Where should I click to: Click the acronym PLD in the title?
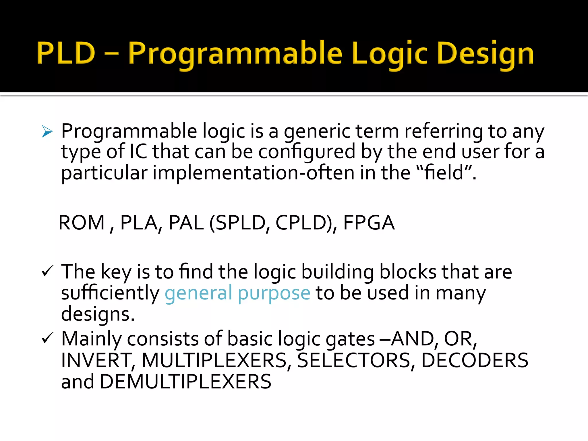coord(66,53)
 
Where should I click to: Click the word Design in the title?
coord(485,54)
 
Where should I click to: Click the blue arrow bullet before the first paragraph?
coord(47,131)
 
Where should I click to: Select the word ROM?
coord(82,223)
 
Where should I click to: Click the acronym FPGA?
coord(369,223)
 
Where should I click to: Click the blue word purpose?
coord(274,293)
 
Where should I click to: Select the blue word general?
coord(198,293)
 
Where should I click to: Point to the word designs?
coord(98,314)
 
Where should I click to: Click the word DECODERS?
coord(474,360)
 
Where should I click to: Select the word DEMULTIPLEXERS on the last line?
coord(185,382)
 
